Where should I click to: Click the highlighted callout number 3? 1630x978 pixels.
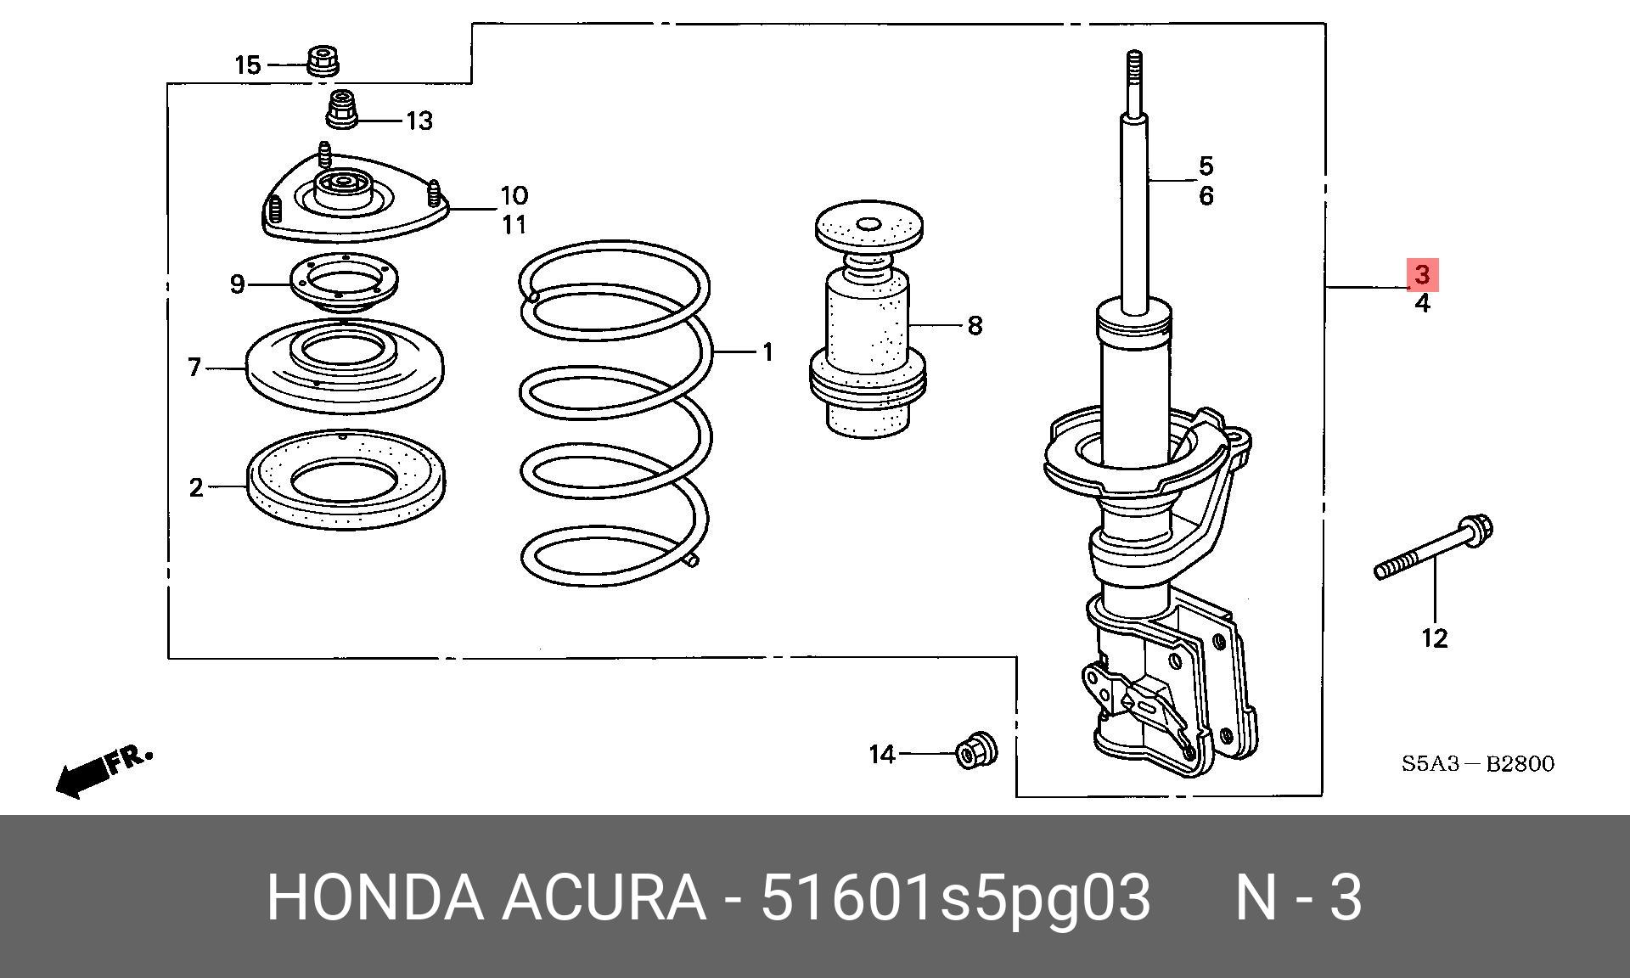(x=1423, y=274)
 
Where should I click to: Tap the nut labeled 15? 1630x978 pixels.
(x=323, y=60)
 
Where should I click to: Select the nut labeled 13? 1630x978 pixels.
(x=342, y=110)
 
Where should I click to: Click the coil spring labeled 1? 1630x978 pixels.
(x=615, y=413)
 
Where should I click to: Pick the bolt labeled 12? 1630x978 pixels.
(x=1434, y=548)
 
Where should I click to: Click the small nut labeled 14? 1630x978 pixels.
(x=976, y=749)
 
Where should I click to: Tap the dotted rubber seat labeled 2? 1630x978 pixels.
(x=346, y=481)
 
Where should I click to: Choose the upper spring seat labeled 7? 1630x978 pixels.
(x=344, y=366)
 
